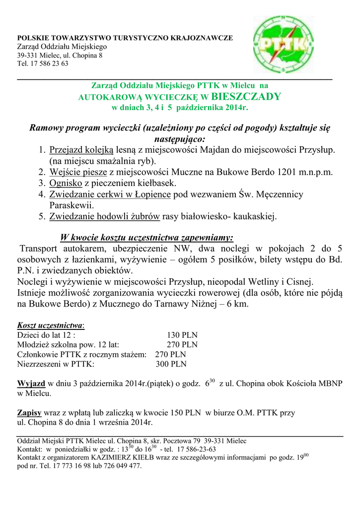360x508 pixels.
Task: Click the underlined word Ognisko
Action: [x=66, y=184]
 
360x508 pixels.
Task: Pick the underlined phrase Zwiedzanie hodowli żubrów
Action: [x=104, y=216]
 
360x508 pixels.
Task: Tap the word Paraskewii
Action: [x=72, y=205]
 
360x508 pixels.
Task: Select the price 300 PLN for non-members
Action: [x=171, y=364]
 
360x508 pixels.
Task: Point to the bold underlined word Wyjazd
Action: [x=31, y=384]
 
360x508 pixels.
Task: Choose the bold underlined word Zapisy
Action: [x=29, y=413]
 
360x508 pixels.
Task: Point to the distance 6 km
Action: [x=236, y=304]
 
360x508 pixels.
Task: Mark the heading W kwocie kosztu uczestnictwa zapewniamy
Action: [x=146, y=237]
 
